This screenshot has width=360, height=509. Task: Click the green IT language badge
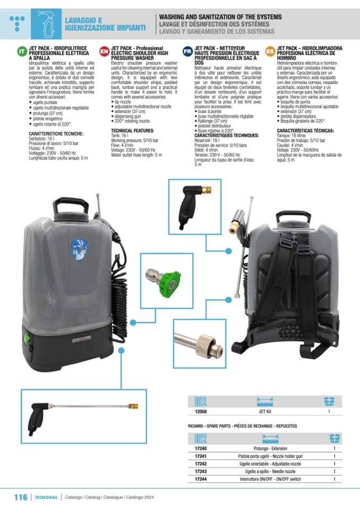(22, 51)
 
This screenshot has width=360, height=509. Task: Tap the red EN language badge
(104, 51)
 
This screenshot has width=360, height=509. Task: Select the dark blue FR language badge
(187, 51)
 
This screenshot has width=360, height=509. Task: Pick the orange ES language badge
(270, 51)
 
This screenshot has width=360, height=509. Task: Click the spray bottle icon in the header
(46, 24)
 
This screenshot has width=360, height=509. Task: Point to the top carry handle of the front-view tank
(71, 204)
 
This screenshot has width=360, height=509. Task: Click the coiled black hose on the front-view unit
(119, 292)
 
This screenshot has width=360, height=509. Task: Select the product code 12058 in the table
(201, 411)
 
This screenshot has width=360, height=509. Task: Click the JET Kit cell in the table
(264, 411)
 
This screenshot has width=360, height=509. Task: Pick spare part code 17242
(201, 464)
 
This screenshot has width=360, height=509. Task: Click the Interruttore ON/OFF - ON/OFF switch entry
(270, 479)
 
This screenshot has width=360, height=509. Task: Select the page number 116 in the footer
(21, 497)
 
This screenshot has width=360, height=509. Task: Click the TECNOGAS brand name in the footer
(46, 497)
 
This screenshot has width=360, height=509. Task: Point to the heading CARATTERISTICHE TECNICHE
(56, 134)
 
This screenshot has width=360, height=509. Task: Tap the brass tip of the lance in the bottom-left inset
(133, 406)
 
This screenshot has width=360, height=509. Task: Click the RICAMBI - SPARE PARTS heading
(242, 426)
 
